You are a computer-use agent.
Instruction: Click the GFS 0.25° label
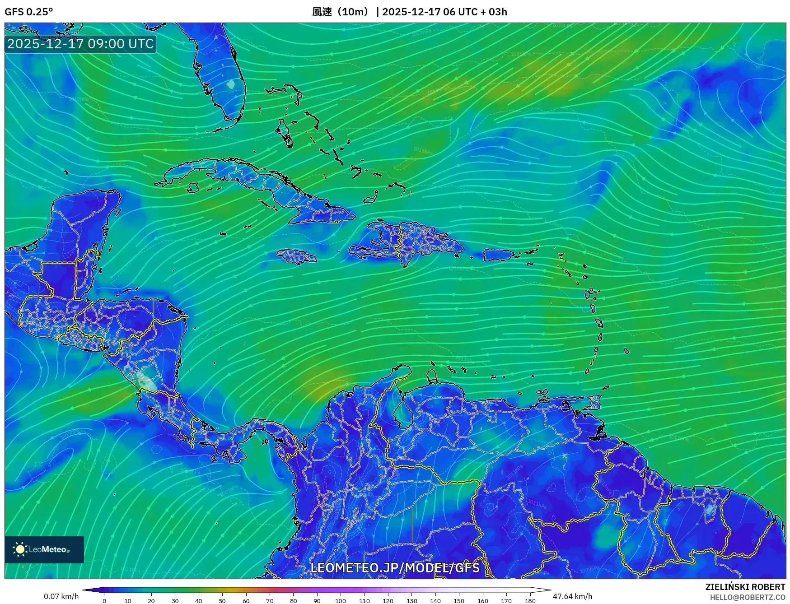point(28,12)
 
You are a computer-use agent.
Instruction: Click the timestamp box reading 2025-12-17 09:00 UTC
point(80,44)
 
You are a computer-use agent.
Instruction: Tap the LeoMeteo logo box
point(44,549)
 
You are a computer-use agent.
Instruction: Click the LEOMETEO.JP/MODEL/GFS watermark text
point(395,567)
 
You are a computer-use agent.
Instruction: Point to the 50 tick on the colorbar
point(222,600)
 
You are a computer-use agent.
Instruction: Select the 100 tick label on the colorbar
point(341,600)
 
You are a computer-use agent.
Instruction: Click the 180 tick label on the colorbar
point(530,600)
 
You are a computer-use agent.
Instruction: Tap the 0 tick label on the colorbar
point(104,600)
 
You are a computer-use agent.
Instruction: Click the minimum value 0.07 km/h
point(61,596)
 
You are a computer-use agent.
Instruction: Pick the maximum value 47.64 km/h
point(572,596)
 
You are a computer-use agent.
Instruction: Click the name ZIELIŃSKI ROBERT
point(745,587)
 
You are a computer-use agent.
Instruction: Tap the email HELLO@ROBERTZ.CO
point(747,597)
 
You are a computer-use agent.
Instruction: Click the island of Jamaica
point(297,256)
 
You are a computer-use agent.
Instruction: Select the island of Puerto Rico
point(498,255)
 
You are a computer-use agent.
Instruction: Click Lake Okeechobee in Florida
point(231,84)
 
